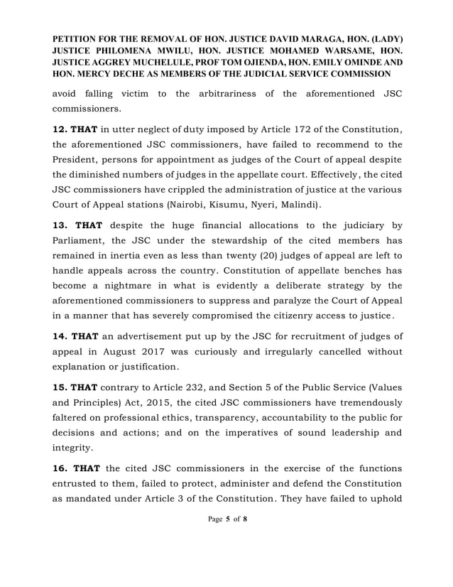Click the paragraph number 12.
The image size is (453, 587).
click(61, 127)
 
